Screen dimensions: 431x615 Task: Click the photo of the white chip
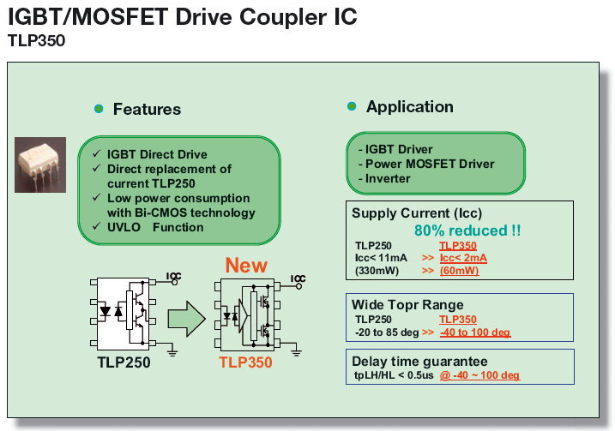click(40, 164)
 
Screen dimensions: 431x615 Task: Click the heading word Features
click(147, 109)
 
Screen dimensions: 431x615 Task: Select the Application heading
click(409, 106)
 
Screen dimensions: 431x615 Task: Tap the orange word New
click(246, 265)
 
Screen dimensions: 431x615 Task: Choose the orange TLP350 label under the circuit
click(245, 362)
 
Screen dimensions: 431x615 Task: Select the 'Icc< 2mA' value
click(465, 257)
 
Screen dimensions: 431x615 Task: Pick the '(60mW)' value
click(459, 270)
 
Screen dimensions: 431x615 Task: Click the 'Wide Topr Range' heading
click(407, 305)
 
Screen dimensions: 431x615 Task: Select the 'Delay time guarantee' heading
click(419, 362)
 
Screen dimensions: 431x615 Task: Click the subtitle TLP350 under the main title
click(36, 39)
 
